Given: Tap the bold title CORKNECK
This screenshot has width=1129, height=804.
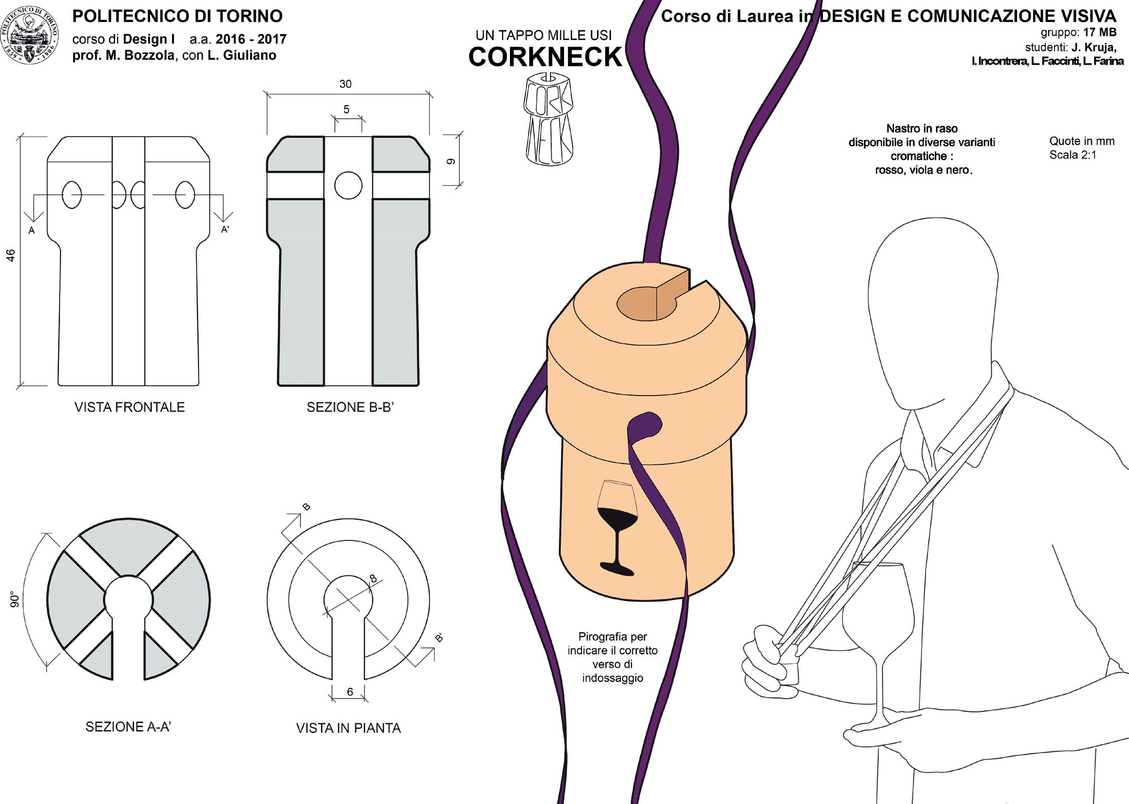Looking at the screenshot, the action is pos(545,57).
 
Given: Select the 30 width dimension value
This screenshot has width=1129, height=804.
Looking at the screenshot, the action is pos(345,84).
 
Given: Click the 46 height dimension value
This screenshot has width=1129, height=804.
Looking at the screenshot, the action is pos(11,255).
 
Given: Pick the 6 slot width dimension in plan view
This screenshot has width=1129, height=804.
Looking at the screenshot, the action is pos(350,692).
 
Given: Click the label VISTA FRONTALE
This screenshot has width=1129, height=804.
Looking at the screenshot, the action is pos(129,407).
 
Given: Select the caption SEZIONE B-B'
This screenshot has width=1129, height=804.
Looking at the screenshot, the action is pos(350,407).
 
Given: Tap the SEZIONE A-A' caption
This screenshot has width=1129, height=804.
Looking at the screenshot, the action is pos(128,727).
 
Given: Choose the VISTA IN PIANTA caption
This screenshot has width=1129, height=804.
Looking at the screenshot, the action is pos(348,728).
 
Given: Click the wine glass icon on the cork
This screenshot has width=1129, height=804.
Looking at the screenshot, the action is pos(616,527).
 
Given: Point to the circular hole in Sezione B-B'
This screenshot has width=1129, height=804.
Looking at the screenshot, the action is pos(348,185).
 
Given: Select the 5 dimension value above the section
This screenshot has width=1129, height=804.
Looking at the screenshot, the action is pos(346,109).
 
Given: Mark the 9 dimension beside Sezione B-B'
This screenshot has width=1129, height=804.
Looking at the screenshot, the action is pos(451,161).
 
